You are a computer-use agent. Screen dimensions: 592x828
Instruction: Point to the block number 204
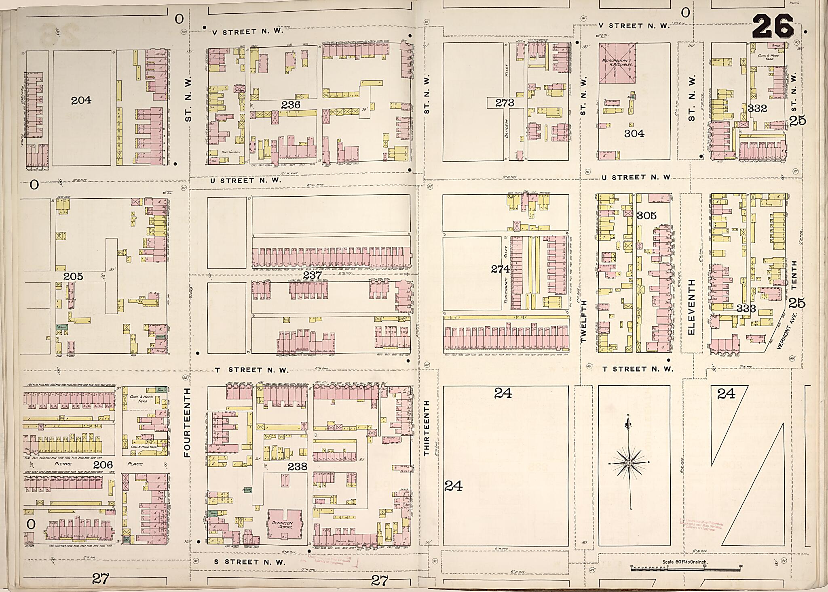(x=81, y=100)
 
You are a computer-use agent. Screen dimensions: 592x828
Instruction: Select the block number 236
(x=291, y=105)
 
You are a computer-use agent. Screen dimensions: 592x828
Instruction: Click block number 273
(x=505, y=103)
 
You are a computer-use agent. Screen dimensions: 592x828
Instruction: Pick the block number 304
(x=634, y=134)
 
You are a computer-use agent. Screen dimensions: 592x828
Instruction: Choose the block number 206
(x=103, y=465)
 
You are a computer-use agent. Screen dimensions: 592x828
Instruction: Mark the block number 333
(x=746, y=309)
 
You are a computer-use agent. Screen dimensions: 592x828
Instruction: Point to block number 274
(x=500, y=269)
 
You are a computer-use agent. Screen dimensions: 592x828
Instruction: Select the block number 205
(x=73, y=276)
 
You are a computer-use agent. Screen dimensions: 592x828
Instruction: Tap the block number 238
(x=298, y=466)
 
